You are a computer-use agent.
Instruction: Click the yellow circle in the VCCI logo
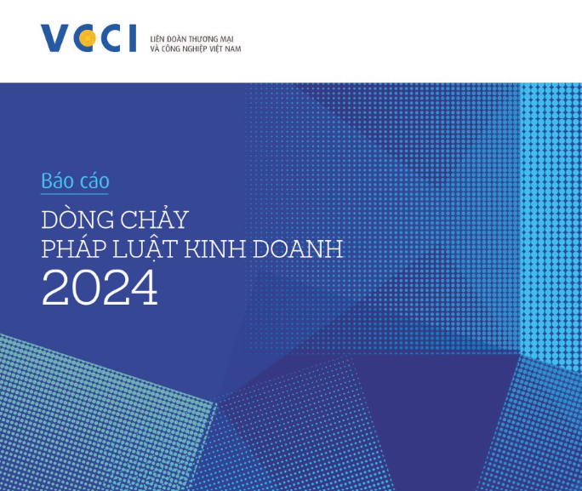pyautogui.click(x=88, y=37)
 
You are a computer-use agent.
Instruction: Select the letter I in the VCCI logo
pyautogui.click(x=132, y=37)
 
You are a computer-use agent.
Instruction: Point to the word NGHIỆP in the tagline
pyautogui.click(x=193, y=49)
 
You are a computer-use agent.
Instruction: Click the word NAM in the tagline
pyautogui.click(x=232, y=49)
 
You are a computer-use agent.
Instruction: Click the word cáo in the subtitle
pyautogui.click(x=94, y=181)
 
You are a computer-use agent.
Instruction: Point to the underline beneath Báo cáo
pyautogui.click(x=75, y=194)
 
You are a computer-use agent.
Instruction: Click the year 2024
pyautogui.click(x=100, y=288)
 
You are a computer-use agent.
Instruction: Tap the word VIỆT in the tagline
pyautogui.click(x=215, y=49)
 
